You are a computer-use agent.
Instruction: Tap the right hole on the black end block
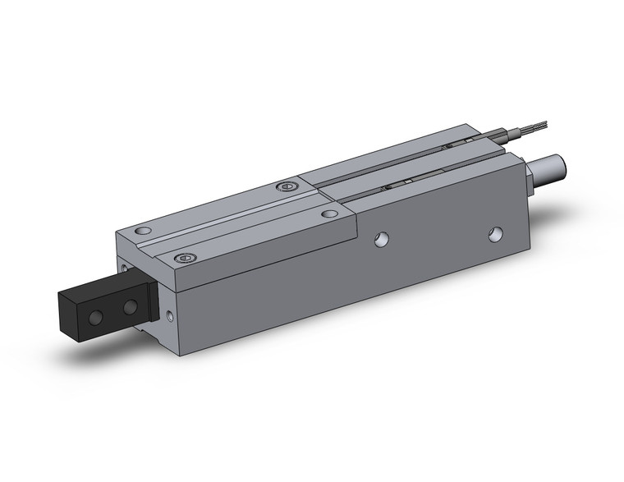(129, 307)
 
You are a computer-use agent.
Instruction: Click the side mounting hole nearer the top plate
(380, 239)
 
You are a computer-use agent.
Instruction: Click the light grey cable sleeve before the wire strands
(506, 134)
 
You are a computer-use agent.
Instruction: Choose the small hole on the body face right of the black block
(171, 314)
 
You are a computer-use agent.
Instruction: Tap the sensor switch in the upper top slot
(457, 144)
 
